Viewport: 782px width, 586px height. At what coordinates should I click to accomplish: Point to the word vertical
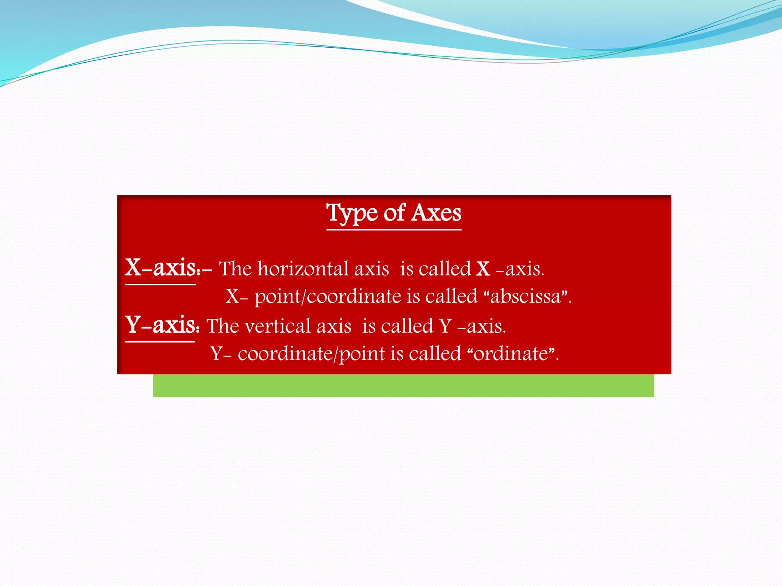tap(278, 326)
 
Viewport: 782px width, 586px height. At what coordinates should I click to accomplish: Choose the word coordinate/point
tap(311, 354)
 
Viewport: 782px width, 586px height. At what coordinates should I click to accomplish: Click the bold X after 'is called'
tap(483, 269)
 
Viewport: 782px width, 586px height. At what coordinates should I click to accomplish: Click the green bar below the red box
tap(403, 386)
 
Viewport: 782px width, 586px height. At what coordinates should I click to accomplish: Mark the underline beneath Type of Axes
tap(394, 230)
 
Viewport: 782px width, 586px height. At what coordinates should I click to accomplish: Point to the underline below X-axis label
tap(160, 285)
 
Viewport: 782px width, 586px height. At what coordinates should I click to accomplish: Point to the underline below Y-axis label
tap(160, 342)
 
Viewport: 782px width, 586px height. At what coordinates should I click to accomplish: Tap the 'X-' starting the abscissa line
tap(236, 296)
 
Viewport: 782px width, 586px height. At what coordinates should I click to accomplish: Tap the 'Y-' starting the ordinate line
tap(221, 354)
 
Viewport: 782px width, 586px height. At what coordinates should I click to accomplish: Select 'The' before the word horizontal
tap(235, 269)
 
